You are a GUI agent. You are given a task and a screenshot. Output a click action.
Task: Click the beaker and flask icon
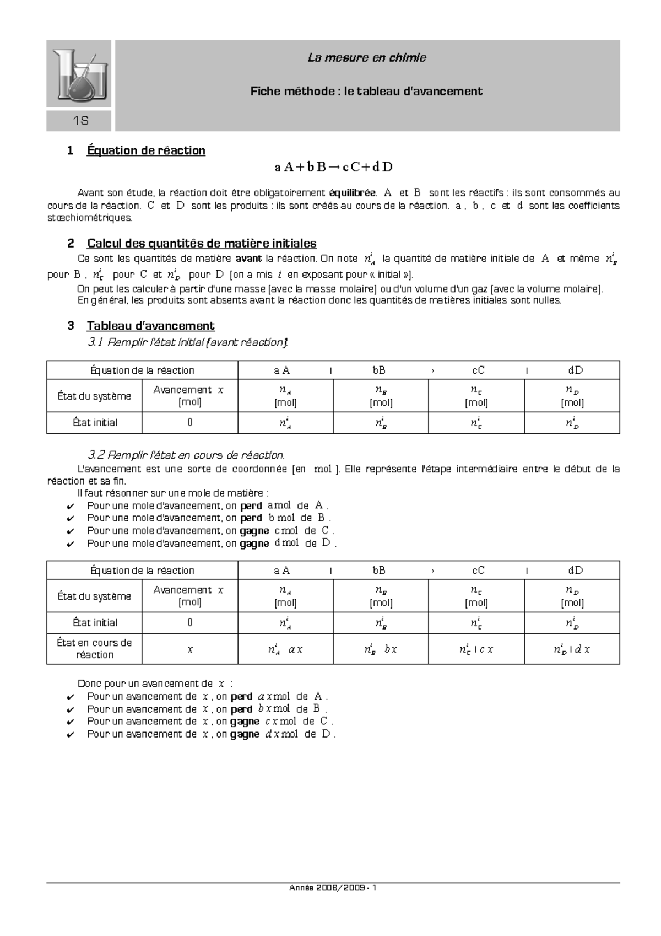(79, 74)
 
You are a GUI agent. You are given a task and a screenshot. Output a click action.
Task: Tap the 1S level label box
(79, 121)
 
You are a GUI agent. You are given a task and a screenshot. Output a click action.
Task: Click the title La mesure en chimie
(367, 58)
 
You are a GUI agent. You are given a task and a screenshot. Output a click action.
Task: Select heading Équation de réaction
(146, 150)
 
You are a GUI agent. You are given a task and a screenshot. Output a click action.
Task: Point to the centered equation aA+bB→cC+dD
(333, 167)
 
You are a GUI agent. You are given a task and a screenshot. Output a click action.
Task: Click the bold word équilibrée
(353, 193)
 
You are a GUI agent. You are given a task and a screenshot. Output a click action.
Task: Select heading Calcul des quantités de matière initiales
(202, 243)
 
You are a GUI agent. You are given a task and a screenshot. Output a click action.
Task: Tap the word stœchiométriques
(90, 218)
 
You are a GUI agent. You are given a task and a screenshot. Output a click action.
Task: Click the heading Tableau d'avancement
(150, 326)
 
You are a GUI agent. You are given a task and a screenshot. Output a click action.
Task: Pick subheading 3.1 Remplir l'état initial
(187, 342)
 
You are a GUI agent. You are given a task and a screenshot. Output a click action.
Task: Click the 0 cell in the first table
(190, 423)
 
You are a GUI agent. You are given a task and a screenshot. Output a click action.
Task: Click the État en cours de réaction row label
(95, 649)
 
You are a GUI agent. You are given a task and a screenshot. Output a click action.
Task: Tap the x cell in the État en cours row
(190, 649)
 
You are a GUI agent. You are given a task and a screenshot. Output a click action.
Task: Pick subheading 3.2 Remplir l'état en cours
(186, 455)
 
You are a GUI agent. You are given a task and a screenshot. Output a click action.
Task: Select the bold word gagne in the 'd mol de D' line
(254, 544)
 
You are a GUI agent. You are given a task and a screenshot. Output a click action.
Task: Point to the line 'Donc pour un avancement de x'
(155, 684)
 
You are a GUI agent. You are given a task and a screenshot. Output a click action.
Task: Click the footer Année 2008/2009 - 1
(333, 888)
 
